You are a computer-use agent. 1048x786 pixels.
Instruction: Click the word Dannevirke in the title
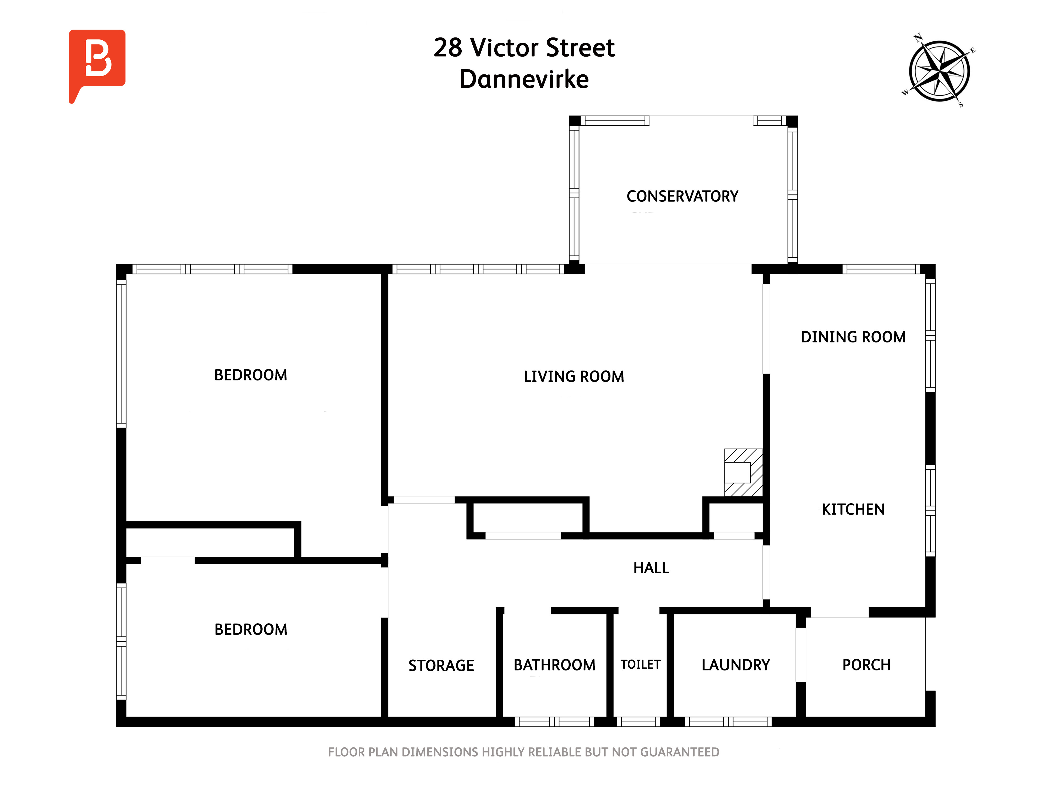click(524, 79)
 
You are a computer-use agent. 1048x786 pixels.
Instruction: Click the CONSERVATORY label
click(682, 196)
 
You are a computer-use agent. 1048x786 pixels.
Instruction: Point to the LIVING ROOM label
click(574, 377)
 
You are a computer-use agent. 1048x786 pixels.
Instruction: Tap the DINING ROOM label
click(853, 337)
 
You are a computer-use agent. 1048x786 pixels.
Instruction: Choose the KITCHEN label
click(853, 509)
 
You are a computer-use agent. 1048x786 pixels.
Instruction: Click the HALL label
click(651, 568)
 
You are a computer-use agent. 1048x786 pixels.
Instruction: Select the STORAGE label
click(441, 666)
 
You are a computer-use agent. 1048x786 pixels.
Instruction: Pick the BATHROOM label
click(554, 665)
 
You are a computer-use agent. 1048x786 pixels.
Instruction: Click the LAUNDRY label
click(735, 665)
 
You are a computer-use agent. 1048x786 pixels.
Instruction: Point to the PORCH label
click(866, 665)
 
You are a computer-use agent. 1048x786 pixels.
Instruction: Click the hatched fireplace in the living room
click(743, 472)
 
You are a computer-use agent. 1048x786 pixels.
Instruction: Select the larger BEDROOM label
click(251, 375)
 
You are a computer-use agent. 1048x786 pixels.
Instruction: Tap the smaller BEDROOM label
click(251, 630)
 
